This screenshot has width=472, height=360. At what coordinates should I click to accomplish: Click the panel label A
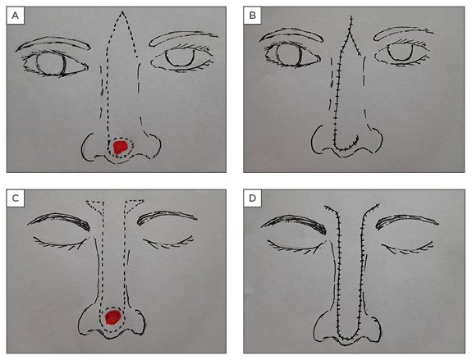click(15, 16)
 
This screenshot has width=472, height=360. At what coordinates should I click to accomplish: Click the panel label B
click(253, 16)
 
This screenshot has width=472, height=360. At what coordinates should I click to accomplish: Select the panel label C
click(15, 198)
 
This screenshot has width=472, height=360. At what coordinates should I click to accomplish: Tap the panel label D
click(253, 198)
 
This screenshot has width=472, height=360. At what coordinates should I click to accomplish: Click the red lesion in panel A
click(120, 147)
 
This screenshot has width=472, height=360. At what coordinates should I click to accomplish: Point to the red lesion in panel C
click(113, 317)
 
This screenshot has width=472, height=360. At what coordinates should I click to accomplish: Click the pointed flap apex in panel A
click(122, 11)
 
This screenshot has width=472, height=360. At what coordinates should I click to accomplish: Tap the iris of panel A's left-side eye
click(51, 63)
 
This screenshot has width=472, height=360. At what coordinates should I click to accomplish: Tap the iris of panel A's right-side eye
click(180, 57)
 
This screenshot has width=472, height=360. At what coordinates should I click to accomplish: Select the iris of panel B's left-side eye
click(289, 55)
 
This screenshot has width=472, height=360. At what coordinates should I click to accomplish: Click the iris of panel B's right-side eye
click(401, 52)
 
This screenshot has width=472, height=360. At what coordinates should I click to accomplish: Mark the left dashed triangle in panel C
click(96, 205)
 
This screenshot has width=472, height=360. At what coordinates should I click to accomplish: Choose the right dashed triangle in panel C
click(134, 205)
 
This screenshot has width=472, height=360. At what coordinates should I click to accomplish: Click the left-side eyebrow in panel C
click(59, 221)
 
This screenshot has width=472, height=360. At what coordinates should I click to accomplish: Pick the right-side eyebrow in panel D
click(407, 220)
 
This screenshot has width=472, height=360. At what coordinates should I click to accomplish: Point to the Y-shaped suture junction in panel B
click(350, 30)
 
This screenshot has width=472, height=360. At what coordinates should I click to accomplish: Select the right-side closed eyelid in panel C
click(167, 243)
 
